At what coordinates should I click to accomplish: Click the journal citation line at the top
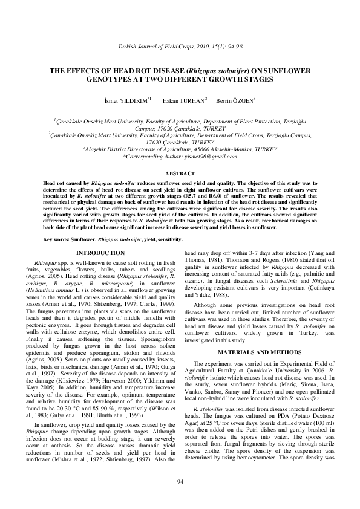180,47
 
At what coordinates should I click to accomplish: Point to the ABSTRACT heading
180,173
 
